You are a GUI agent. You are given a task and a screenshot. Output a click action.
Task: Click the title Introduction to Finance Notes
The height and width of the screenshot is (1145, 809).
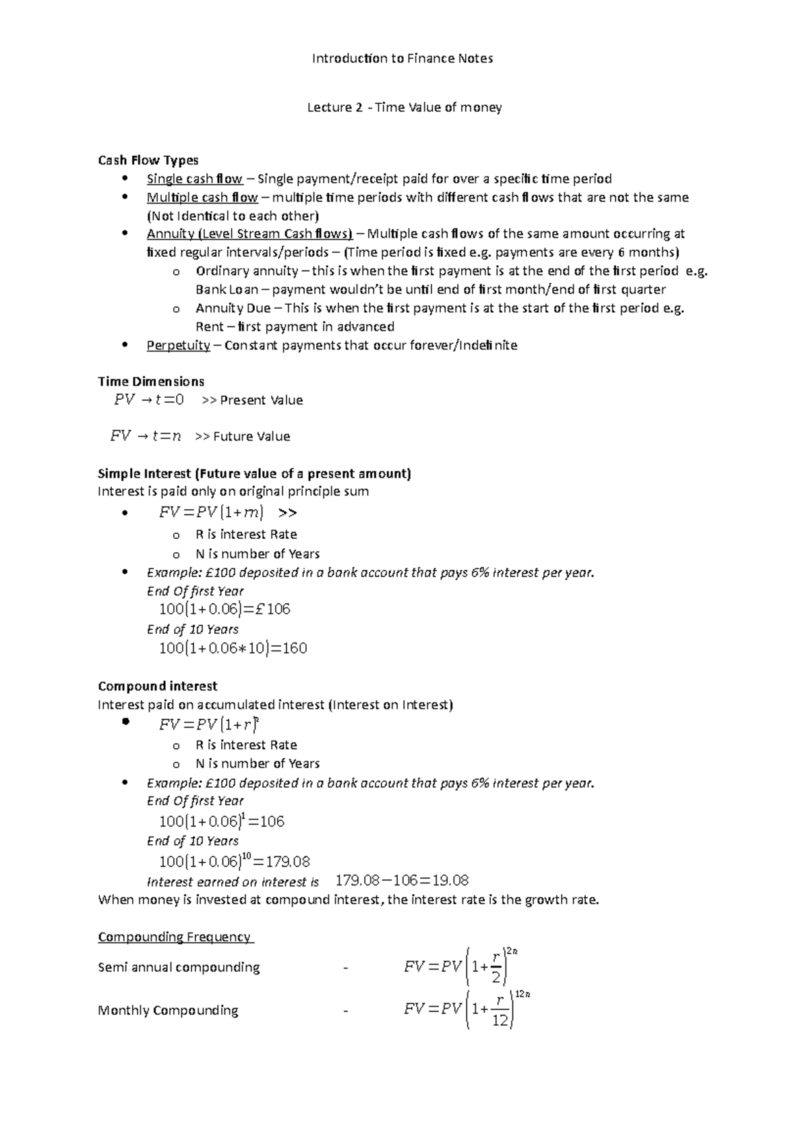tap(402, 59)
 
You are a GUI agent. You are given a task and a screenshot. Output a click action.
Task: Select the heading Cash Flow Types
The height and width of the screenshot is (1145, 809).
tap(148, 160)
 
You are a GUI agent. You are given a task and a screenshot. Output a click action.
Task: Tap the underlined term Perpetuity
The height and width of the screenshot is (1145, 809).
tap(179, 345)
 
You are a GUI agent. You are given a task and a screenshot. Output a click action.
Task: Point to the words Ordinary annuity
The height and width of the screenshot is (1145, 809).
tap(247, 271)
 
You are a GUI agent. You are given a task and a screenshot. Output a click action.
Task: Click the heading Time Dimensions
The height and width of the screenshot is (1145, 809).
tap(151, 382)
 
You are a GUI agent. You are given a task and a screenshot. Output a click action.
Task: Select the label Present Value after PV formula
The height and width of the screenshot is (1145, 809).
tap(262, 401)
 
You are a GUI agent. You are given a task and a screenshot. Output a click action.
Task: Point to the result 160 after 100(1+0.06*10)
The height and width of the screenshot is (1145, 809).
tap(295, 649)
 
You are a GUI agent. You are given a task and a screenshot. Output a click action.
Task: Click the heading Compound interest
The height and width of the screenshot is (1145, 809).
tap(158, 686)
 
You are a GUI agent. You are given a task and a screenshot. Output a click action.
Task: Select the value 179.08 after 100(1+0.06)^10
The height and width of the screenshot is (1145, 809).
tap(288, 862)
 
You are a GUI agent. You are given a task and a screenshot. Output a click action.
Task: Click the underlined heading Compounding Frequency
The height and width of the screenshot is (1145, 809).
tap(175, 937)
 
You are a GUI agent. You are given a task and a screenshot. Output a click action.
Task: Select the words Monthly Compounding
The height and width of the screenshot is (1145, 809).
tap(168, 1011)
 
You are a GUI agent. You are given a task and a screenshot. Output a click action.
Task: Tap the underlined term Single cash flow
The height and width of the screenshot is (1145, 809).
tap(195, 179)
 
